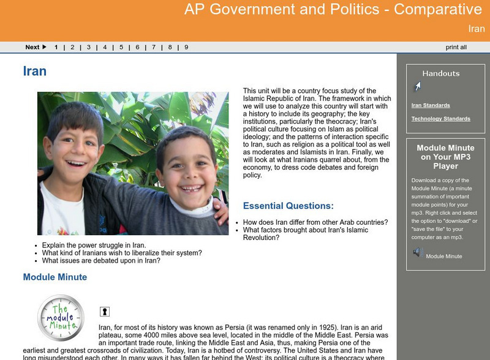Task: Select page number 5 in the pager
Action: (x=121, y=47)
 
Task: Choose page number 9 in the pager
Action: (x=186, y=47)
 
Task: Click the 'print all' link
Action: (x=456, y=47)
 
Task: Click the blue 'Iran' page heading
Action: (x=34, y=71)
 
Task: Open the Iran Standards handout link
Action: (x=431, y=105)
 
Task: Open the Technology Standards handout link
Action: (x=440, y=119)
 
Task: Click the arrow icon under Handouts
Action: (x=418, y=87)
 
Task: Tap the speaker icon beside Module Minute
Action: (x=418, y=252)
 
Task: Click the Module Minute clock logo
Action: (x=60, y=318)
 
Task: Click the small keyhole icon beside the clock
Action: (x=105, y=312)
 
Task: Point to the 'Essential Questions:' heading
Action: (x=288, y=206)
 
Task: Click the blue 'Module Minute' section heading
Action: (x=55, y=277)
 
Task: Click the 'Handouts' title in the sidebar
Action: (x=440, y=73)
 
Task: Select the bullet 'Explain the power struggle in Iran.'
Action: (x=94, y=245)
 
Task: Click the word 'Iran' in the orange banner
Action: (x=476, y=29)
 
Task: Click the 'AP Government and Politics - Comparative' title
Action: (x=333, y=10)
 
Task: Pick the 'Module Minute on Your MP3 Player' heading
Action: (x=445, y=157)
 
